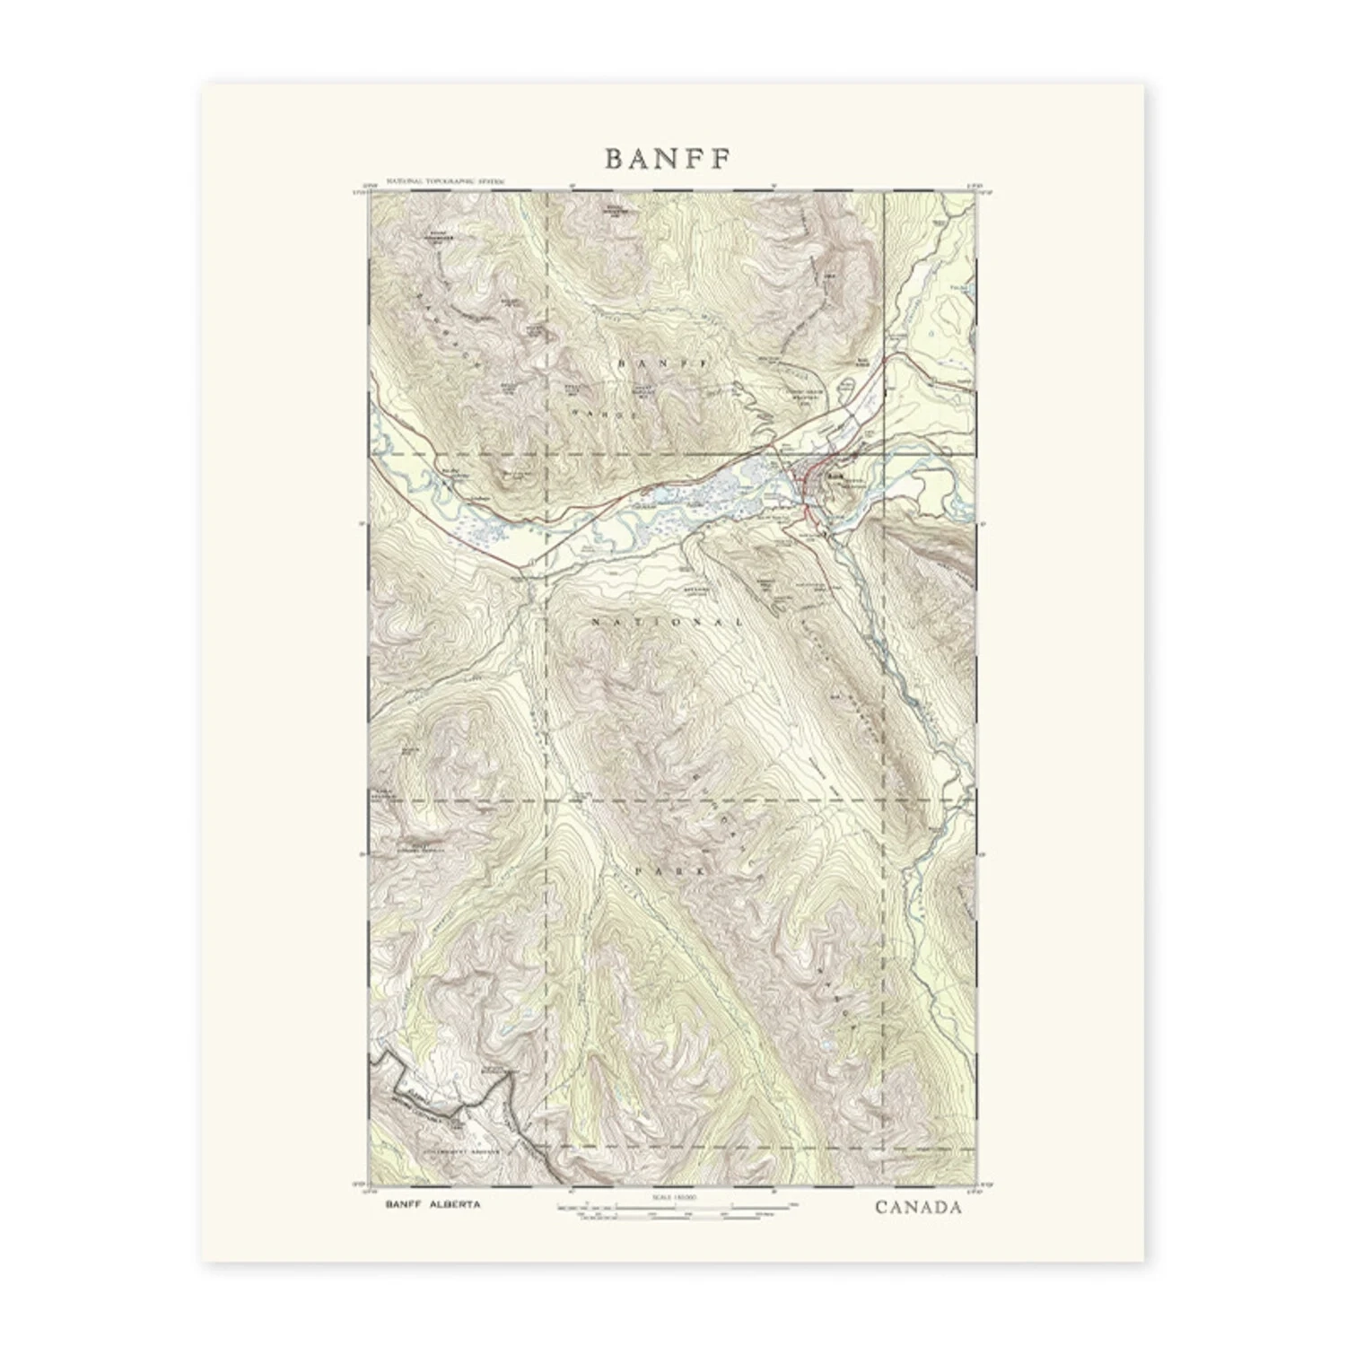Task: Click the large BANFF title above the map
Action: pos(669,158)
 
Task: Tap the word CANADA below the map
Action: pos(918,1207)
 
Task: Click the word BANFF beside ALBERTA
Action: pos(403,1204)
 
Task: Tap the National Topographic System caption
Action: pos(445,181)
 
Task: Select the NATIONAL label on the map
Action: pos(669,621)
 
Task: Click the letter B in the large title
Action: pos(614,158)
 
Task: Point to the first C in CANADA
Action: pos(882,1207)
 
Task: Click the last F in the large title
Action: pos(722,158)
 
